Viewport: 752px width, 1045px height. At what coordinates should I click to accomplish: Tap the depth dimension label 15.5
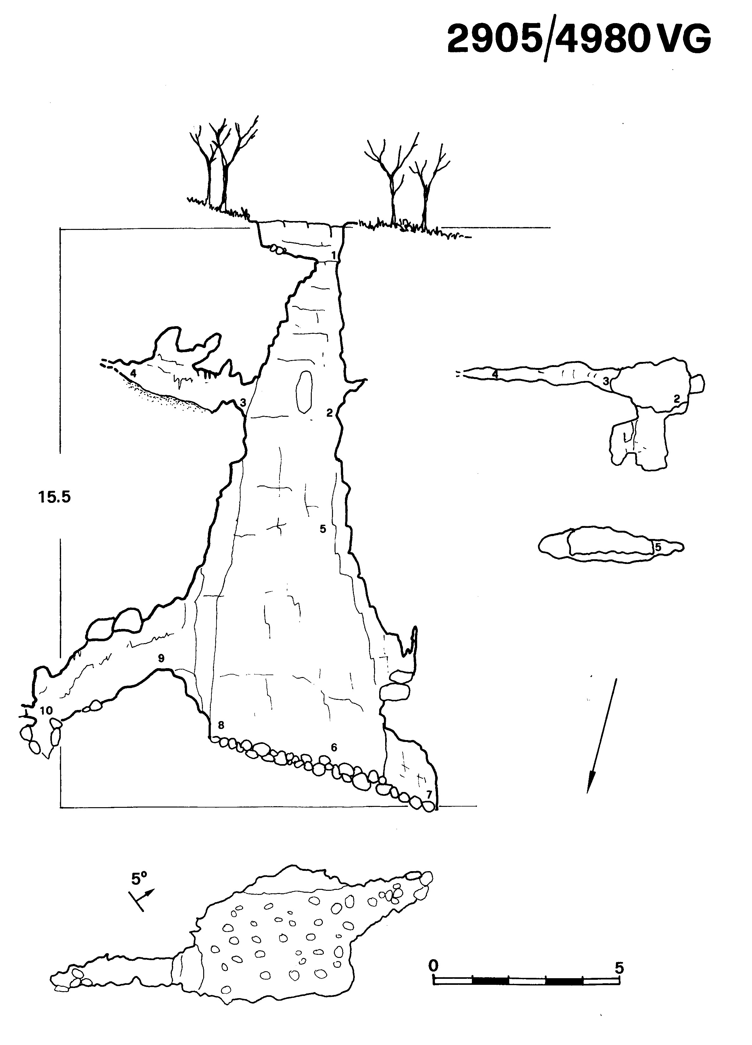(x=55, y=497)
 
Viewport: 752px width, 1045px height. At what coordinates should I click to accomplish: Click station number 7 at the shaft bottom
(x=429, y=794)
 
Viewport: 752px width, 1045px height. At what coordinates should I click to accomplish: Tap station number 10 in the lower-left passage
(x=46, y=711)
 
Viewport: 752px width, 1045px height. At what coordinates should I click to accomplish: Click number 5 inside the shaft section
(x=323, y=529)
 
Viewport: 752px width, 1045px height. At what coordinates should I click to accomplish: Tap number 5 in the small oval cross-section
(x=658, y=548)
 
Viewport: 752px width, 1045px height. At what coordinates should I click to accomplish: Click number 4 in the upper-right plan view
(x=495, y=374)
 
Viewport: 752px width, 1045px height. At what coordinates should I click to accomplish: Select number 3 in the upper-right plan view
(x=606, y=381)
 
